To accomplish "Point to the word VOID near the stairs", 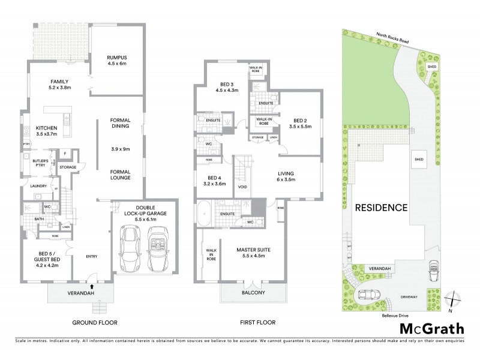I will click(242, 186).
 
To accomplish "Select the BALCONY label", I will click(254, 293).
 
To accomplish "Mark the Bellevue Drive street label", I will click(395, 314).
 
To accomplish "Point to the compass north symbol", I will click(455, 298).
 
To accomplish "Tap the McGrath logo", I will click(432, 329).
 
